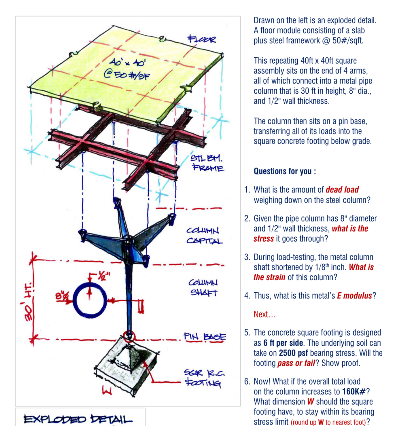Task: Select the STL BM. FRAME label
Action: (207, 163)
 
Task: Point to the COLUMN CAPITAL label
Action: (204, 235)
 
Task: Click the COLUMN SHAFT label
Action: (203, 287)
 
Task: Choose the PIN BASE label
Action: (205, 336)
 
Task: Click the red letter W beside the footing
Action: (107, 391)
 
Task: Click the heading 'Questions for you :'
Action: (285, 171)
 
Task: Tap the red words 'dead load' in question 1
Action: (342, 190)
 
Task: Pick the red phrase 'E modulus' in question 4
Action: (354, 296)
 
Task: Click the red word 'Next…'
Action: (264, 314)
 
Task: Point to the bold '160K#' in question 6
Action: (354, 392)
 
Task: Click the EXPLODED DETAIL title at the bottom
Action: (78, 419)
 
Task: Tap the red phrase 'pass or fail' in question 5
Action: (296, 363)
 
